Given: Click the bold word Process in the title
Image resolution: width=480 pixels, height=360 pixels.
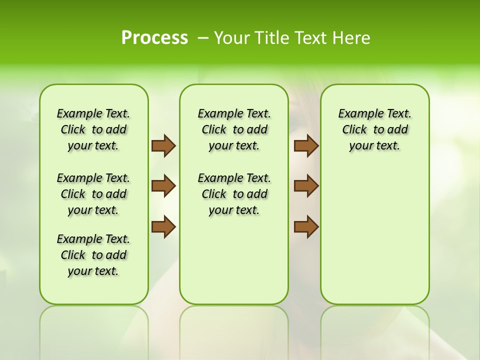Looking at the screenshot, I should (x=154, y=38).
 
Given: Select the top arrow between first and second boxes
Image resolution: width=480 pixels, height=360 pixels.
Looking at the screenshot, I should (x=163, y=145).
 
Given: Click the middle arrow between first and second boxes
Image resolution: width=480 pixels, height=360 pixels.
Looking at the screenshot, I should (x=163, y=186).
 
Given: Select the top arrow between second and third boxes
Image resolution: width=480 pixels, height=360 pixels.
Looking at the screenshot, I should (x=306, y=145).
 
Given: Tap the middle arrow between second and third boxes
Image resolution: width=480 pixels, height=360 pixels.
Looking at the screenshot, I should (x=306, y=186).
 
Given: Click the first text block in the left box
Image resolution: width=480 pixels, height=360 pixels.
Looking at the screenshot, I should (x=93, y=129).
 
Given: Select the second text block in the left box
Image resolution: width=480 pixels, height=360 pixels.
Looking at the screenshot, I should (x=93, y=194).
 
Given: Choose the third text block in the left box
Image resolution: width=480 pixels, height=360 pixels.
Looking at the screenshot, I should (x=93, y=255).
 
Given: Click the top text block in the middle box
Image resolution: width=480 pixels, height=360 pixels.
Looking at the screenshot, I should (x=234, y=129).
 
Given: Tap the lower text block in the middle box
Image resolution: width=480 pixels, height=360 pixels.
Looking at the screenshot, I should (x=234, y=194).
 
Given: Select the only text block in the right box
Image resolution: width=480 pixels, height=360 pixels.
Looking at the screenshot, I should (x=375, y=129).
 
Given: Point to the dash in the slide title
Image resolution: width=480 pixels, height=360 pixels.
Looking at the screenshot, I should (x=203, y=38).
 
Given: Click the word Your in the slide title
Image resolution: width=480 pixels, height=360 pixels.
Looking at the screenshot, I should (x=233, y=38).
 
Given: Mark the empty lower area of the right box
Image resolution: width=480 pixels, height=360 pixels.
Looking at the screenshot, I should (x=375, y=235).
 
